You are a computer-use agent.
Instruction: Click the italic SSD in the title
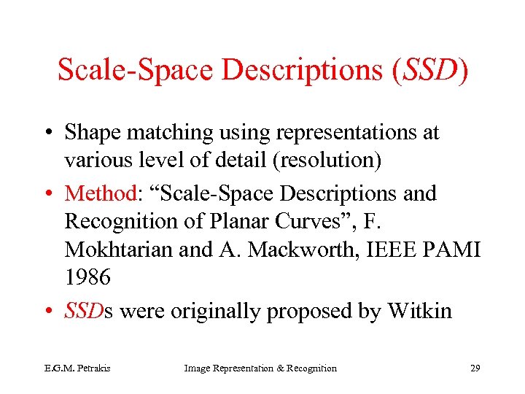[x=428, y=69]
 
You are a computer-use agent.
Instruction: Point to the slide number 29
[x=475, y=368]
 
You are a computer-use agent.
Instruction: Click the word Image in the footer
[x=197, y=368]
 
